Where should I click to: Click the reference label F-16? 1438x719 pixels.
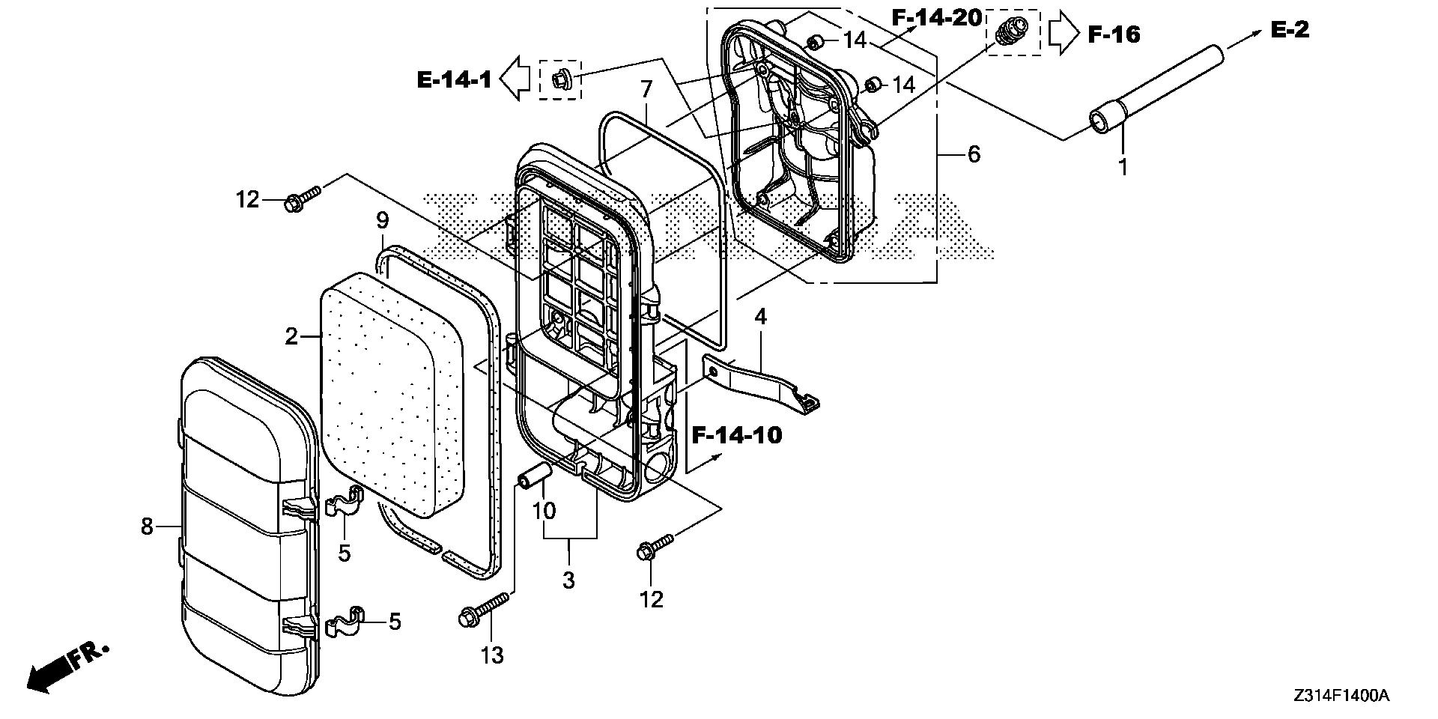click(1114, 34)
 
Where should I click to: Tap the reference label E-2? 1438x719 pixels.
click(1290, 29)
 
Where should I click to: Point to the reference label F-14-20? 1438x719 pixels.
click(936, 17)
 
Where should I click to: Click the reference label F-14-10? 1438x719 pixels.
click(736, 434)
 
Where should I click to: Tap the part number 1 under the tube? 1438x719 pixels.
click(1123, 168)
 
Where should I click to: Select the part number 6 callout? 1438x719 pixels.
click(973, 154)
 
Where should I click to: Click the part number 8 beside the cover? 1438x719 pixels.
click(147, 527)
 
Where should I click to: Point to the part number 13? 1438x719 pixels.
click(492, 655)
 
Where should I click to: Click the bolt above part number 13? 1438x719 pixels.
click(484, 608)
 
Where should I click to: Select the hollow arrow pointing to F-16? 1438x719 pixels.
click(1062, 34)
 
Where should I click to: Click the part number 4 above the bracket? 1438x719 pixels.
click(760, 316)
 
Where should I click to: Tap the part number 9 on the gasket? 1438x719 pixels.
click(382, 221)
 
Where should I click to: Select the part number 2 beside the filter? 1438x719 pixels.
click(292, 336)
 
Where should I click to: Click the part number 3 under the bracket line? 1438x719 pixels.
click(568, 579)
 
